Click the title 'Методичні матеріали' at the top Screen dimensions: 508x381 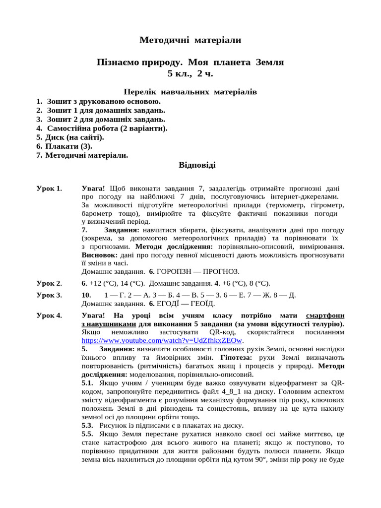coord(190,40)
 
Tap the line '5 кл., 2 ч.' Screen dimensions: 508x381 coord(190,74)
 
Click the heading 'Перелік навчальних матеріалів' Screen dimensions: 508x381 coord(190,92)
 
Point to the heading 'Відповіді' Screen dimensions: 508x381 coord(197,164)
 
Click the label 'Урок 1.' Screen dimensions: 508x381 coord(49,189)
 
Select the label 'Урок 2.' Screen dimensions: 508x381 coord(49,283)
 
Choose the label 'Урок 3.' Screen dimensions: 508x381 coord(49,295)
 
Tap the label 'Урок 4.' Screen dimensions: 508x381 coord(49,316)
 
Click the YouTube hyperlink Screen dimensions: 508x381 coord(162,341)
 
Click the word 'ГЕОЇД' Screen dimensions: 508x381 coord(202,304)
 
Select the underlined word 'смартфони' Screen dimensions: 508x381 coord(325,316)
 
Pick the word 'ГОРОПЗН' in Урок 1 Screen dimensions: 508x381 coord(174,271)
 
